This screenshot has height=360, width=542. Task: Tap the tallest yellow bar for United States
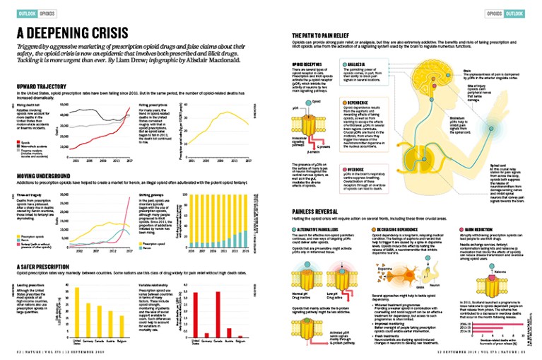pos(76,311)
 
